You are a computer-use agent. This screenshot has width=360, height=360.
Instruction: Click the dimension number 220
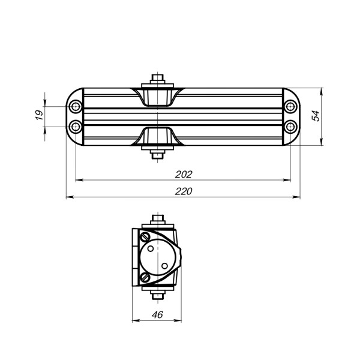(183, 191)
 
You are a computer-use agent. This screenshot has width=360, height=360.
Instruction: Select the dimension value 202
(183, 174)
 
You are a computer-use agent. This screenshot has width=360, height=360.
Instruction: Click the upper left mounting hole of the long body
(75, 107)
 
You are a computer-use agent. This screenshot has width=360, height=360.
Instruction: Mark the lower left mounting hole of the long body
(75, 126)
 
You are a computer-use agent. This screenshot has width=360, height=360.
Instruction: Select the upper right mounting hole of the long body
(290, 107)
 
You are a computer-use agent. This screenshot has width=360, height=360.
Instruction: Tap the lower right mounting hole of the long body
(290, 126)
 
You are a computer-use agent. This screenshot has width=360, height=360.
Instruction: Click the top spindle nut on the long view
(157, 79)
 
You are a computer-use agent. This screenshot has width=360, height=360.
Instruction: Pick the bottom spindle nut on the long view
(157, 155)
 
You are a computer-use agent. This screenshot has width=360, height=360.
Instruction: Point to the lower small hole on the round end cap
(163, 265)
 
